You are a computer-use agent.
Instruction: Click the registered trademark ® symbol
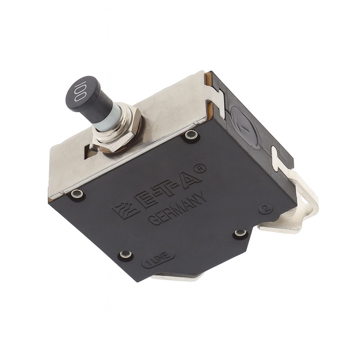point(200,168)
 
